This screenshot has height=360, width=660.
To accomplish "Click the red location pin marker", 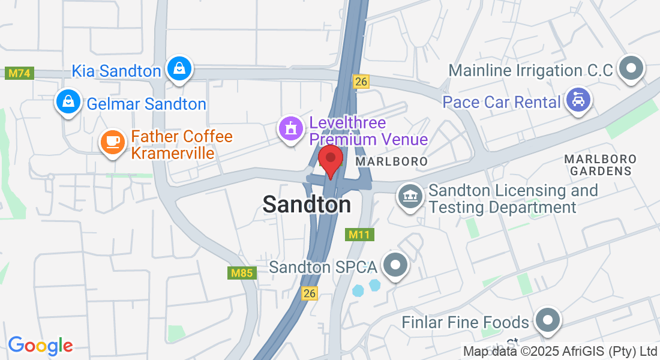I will tap(330, 159).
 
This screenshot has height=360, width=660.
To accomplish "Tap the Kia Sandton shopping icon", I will tap(179, 68).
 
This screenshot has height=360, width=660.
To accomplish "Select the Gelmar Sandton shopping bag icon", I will tap(69, 102).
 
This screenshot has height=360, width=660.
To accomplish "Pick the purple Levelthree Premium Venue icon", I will tap(291, 128).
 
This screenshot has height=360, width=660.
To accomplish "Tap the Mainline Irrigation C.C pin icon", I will tap(630, 68).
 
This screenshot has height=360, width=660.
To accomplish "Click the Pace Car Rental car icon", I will tap(578, 100).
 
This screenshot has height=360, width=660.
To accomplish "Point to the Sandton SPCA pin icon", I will tap(395, 265).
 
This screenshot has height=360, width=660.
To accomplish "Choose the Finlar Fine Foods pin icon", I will tap(547, 320).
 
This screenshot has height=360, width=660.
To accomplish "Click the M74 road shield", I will tap(20, 73).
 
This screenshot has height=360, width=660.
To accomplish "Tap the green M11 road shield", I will tap(360, 234).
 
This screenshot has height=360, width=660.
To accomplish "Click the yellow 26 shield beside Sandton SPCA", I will tap(309, 293).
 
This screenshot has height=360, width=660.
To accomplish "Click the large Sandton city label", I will tap(307, 205).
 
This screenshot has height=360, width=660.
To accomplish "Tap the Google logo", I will tap(40, 346).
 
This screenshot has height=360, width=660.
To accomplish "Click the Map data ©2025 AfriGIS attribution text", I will tap(560, 351).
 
